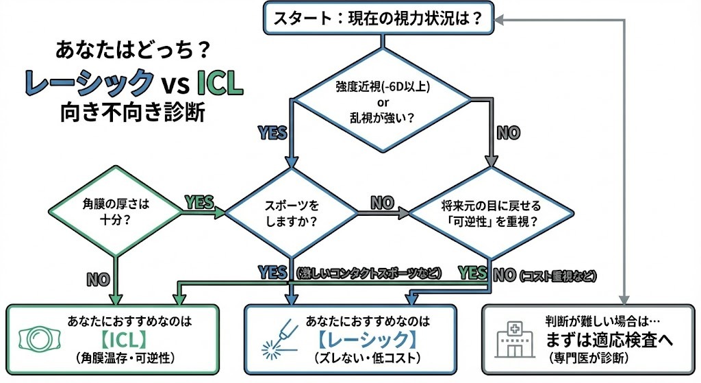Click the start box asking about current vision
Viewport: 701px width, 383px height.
click(380, 18)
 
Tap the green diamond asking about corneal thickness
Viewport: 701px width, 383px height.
click(115, 212)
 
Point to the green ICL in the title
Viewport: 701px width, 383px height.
click(219, 83)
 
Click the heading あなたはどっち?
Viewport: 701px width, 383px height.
click(127, 51)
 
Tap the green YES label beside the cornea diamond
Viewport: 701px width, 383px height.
click(199, 202)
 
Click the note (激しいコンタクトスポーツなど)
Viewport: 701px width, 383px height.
click(368, 273)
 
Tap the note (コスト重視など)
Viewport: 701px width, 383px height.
click(558, 276)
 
